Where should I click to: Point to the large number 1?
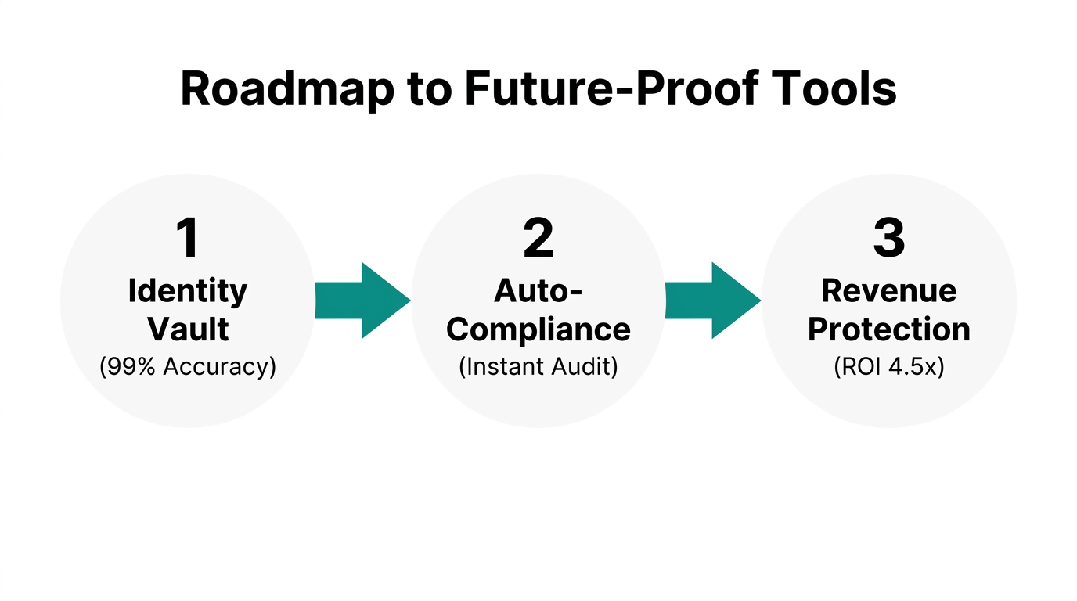188,239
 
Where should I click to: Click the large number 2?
538,239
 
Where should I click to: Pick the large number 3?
889,239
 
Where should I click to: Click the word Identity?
188,291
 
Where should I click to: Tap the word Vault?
188,329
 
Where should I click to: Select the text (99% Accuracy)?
188,366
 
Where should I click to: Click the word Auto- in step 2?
538,291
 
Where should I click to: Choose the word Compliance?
538,329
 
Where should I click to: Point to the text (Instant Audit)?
538,366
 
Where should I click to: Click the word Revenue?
889,291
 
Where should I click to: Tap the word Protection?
889,329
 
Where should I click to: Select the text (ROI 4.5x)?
889,366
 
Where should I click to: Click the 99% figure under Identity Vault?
132,366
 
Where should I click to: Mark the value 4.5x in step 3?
913,366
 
